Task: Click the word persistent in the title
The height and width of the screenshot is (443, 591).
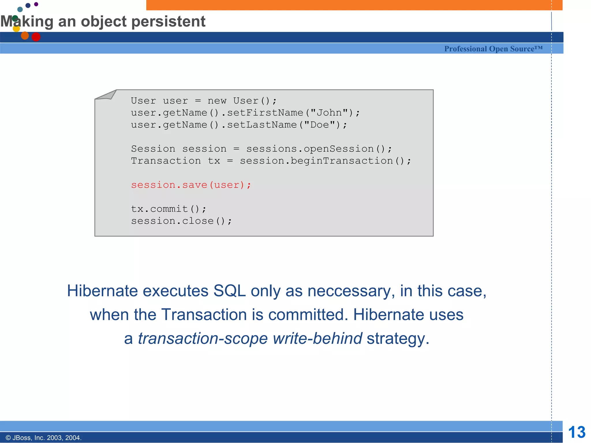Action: [168, 22]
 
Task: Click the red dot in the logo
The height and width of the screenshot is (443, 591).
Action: [36, 37]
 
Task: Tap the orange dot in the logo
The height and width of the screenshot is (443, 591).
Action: [25, 35]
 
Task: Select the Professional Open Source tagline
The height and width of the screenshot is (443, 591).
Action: [493, 49]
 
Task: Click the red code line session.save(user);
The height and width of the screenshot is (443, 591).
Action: [191, 185]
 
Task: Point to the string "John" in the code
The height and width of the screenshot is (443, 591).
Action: [329, 113]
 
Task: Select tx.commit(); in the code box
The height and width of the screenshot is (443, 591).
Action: [169, 209]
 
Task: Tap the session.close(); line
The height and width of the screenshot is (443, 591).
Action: [181, 221]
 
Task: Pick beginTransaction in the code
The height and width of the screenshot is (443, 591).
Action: [342, 161]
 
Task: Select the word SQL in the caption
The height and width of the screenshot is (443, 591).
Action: [229, 291]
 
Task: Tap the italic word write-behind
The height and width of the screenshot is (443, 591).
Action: [317, 338]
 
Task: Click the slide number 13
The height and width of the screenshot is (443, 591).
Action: [577, 432]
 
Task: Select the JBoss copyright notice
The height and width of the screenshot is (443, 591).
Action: [44, 438]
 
